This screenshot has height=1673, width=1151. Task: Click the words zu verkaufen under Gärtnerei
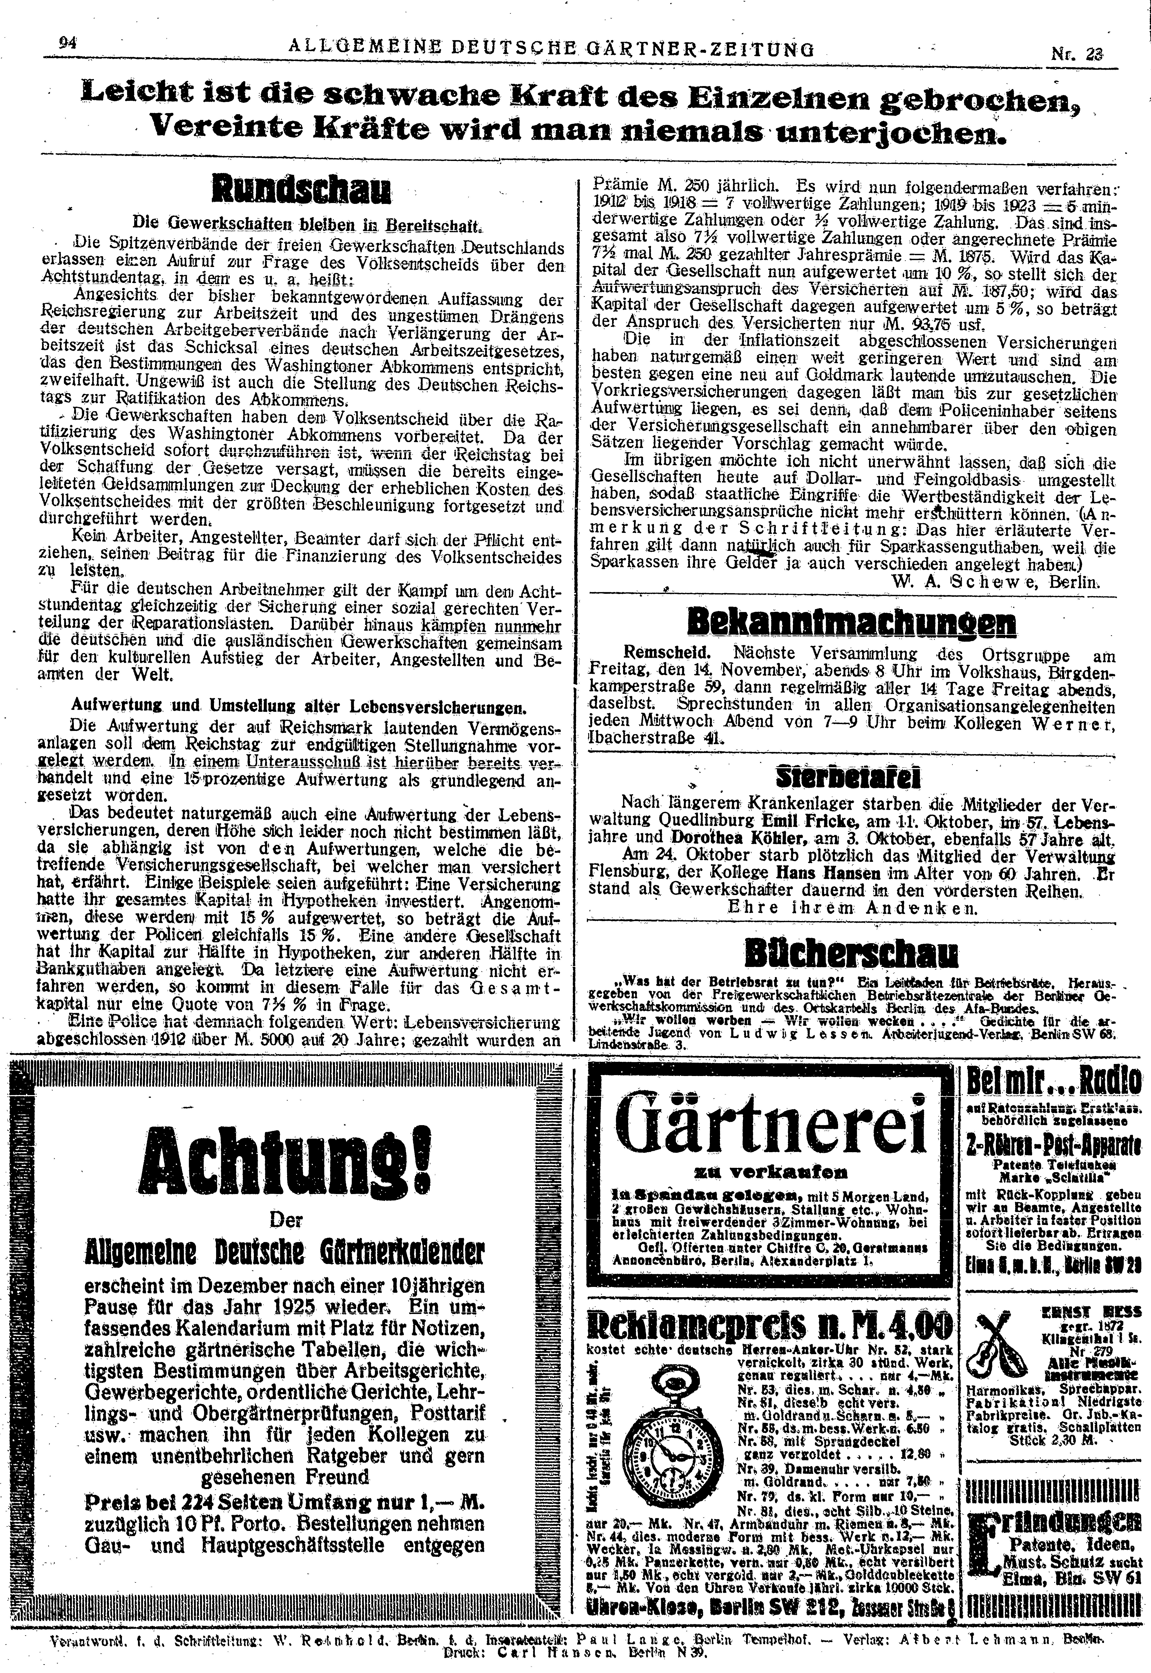point(770,1171)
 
